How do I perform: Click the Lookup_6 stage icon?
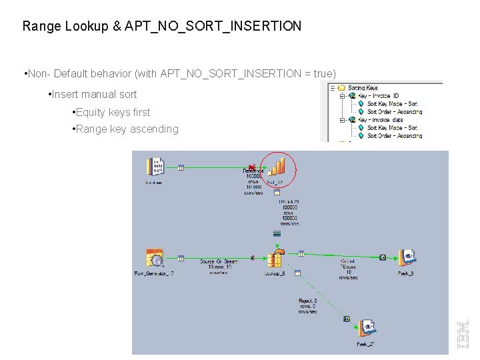pyautogui.click(x=276, y=258)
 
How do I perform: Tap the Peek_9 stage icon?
pyautogui.click(x=407, y=257)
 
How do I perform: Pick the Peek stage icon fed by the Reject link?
pyautogui.click(x=366, y=328)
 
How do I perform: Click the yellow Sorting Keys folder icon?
pyautogui.click(x=341, y=87)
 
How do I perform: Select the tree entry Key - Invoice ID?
pyautogui.click(x=378, y=96)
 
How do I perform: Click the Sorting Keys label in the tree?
pyautogui.click(x=363, y=87)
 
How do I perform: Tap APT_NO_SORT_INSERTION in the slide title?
pyautogui.click(x=213, y=27)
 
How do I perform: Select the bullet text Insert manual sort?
pyautogui.click(x=94, y=95)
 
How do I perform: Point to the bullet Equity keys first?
pyautogui.click(x=113, y=113)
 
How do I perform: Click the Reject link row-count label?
pyautogui.click(x=307, y=306)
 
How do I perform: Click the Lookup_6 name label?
pyautogui.click(x=274, y=274)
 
